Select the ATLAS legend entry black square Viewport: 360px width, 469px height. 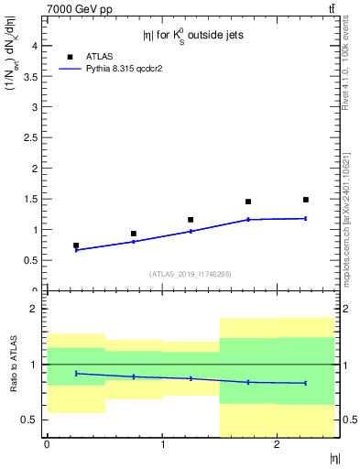(70, 56)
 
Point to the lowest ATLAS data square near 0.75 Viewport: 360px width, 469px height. (76, 245)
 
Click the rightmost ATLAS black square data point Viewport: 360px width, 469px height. (306, 200)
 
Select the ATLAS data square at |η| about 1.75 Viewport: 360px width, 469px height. (248, 202)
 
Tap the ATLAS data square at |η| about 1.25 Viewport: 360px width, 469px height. (191, 220)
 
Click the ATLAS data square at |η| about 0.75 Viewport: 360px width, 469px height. (134, 234)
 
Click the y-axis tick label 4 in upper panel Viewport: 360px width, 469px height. (34, 46)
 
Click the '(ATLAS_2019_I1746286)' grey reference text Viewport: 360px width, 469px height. (191, 273)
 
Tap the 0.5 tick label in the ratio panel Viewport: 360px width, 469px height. (30, 420)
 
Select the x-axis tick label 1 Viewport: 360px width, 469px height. (162, 445)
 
